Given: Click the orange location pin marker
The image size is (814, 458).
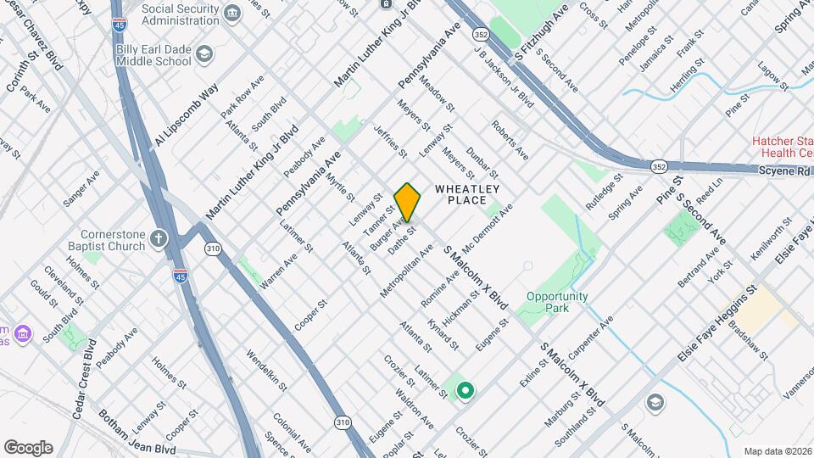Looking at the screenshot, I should click(x=408, y=202).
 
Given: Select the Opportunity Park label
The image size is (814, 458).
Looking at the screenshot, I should click(x=556, y=302).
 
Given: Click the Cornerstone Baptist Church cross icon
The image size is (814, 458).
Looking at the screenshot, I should click(x=159, y=238).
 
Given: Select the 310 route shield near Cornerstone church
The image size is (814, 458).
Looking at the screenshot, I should click(x=212, y=249).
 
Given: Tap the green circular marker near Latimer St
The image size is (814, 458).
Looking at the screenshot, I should click(x=465, y=391).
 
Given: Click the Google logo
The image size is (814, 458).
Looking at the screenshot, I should click(x=28, y=447).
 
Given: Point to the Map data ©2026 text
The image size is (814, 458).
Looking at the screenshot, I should click(x=778, y=451).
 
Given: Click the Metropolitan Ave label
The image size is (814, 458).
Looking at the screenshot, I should click(x=401, y=270).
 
